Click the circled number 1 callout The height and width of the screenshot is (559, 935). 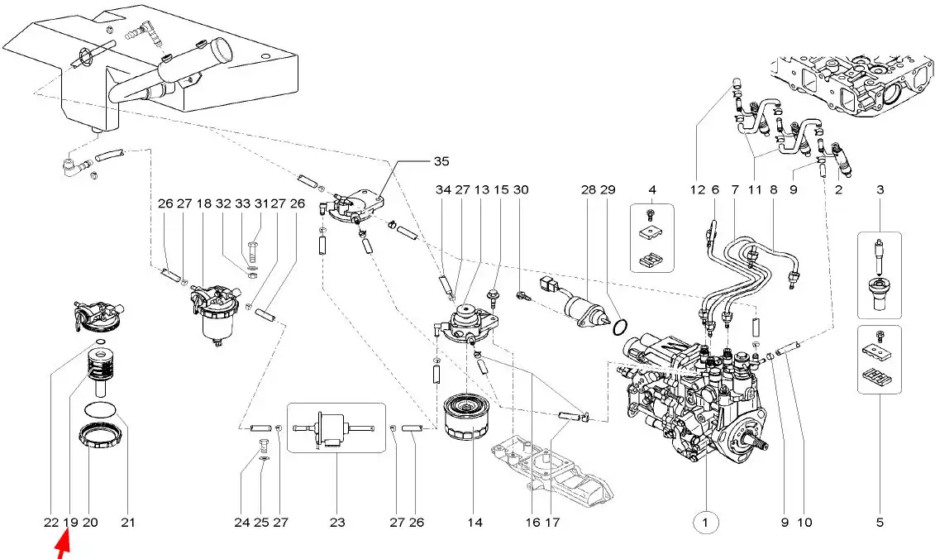pyautogui.click(x=704, y=522)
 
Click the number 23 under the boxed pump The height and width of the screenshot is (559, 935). pyautogui.click(x=336, y=522)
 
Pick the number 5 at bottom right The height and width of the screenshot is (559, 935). pyautogui.click(x=880, y=522)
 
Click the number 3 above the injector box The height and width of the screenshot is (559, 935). pyautogui.click(x=880, y=190)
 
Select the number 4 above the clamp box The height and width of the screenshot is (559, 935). pyautogui.click(x=651, y=190)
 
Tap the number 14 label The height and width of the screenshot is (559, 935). pyautogui.click(x=475, y=522)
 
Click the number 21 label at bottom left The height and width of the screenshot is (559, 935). pyautogui.click(x=127, y=522)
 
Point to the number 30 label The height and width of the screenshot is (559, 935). pyautogui.click(x=521, y=190)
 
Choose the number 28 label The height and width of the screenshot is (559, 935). pyautogui.click(x=588, y=190)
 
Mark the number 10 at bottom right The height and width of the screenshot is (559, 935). pyautogui.click(x=805, y=522)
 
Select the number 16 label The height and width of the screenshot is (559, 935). pyautogui.click(x=532, y=522)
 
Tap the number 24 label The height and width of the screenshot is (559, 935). pyautogui.click(x=241, y=522)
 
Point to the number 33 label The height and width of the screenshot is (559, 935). pyautogui.click(x=242, y=203)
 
